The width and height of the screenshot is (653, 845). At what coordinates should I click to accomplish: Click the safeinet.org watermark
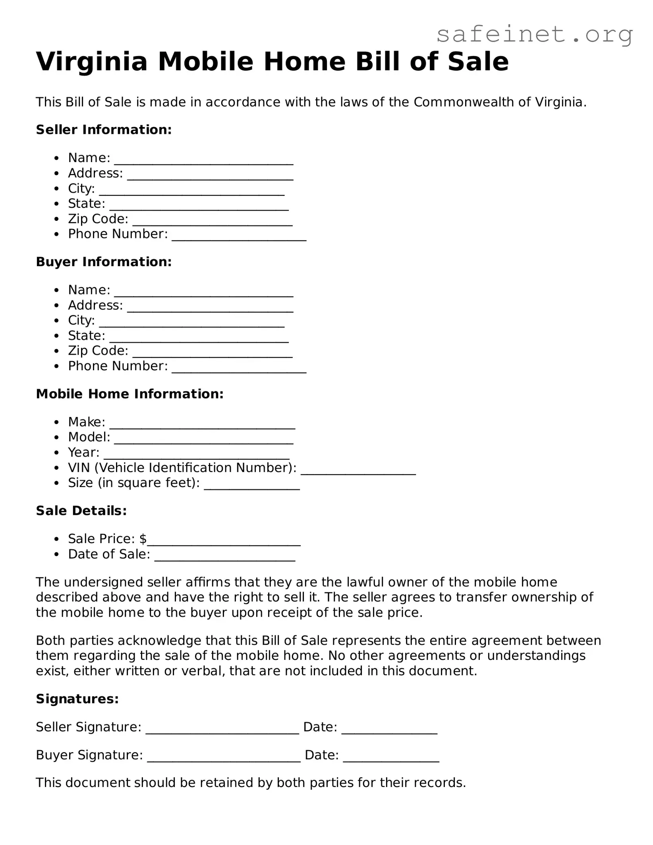[x=534, y=35]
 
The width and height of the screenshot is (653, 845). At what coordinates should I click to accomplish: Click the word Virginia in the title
[x=92, y=62]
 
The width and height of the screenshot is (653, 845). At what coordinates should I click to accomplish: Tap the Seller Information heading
[x=104, y=130]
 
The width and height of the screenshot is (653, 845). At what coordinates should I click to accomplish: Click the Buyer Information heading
[x=104, y=262]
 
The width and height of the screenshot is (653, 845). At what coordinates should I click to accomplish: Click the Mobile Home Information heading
[x=129, y=394]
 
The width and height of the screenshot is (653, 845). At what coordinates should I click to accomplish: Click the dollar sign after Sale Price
[x=143, y=539]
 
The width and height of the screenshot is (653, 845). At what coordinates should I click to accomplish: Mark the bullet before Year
[x=58, y=453]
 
